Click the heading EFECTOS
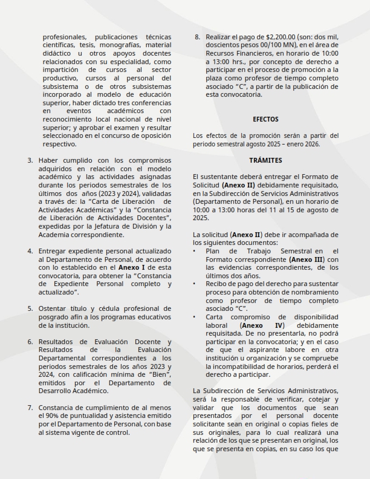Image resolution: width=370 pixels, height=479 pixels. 265,120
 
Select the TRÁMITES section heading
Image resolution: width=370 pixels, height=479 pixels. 265,160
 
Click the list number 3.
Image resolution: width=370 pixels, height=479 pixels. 30,160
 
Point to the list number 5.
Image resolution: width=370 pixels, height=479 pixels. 30,308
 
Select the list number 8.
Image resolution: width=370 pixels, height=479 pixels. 197,36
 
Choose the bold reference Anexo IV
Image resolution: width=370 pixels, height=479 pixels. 258,325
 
